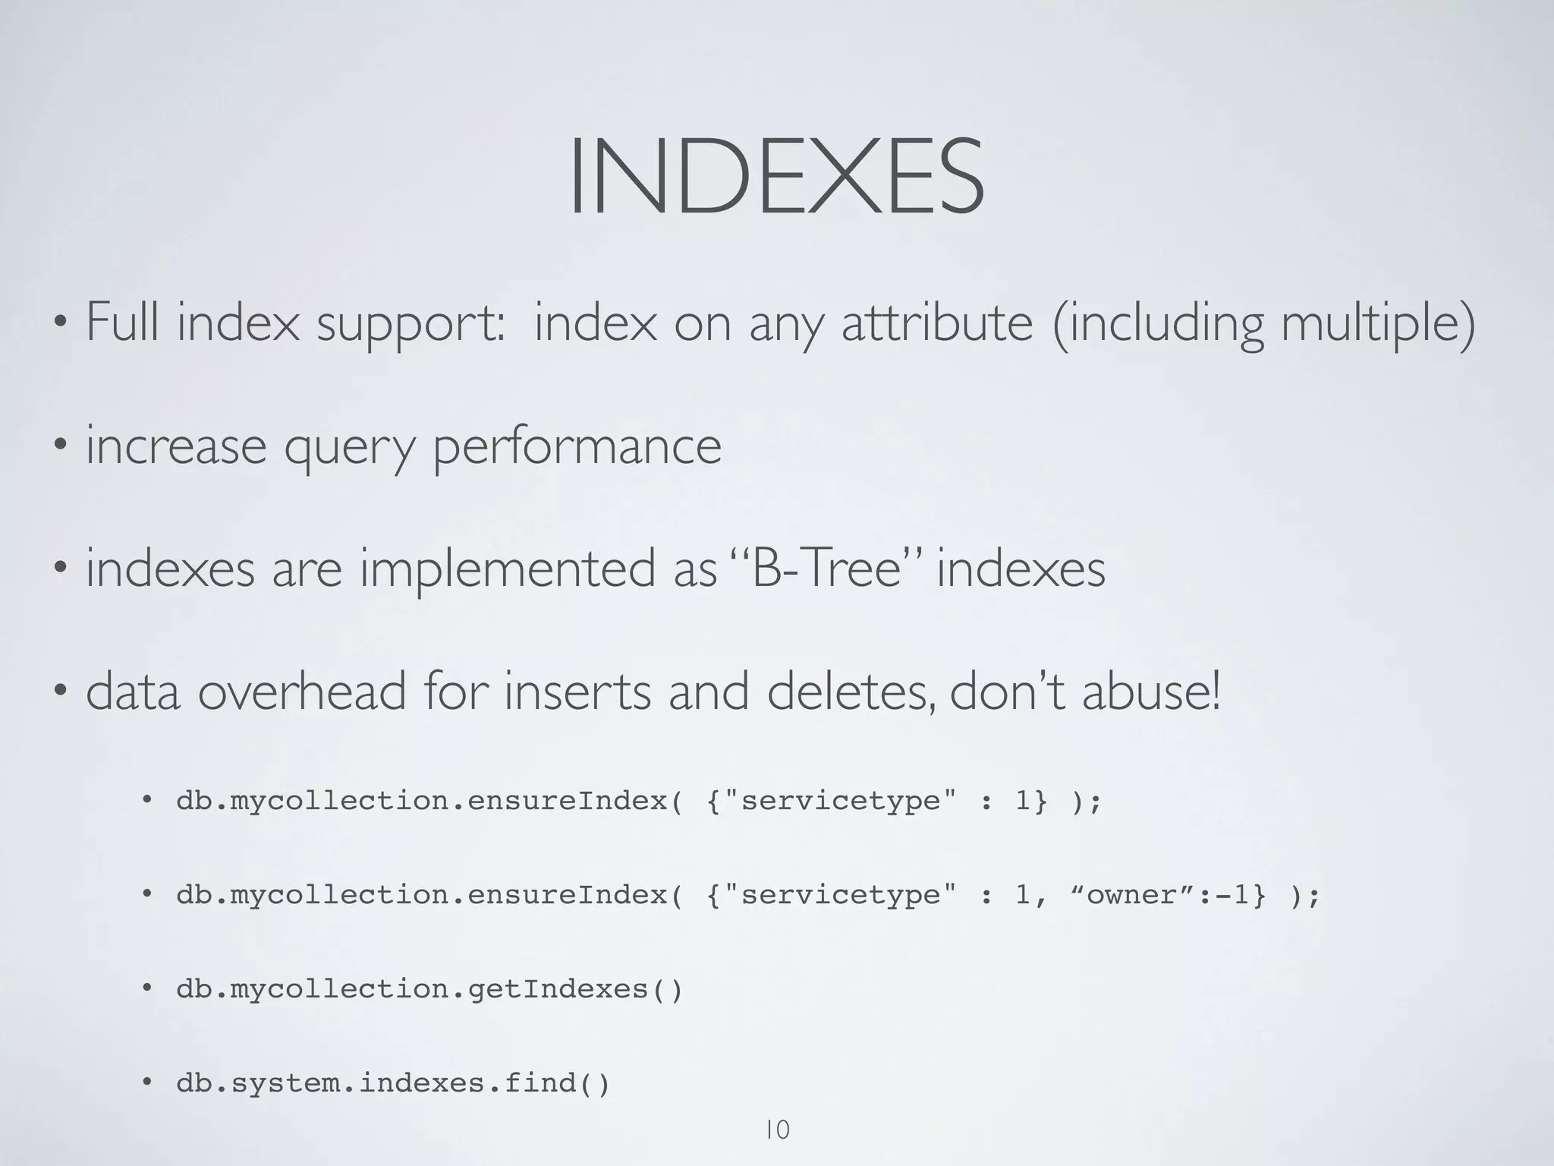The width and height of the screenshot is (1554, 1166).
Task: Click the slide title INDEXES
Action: coord(776,177)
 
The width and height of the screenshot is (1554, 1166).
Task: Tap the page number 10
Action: coord(778,1130)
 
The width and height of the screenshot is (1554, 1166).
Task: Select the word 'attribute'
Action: coord(937,322)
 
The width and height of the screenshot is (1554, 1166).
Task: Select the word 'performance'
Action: coord(577,447)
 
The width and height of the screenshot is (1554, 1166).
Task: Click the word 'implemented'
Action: coord(538,570)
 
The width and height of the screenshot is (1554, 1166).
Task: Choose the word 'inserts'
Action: coord(577,692)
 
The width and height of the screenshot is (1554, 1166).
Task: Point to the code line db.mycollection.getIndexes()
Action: coord(429,989)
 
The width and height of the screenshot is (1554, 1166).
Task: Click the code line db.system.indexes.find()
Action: coord(393,1083)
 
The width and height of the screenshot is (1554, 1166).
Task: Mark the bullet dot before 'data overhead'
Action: coord(60,692)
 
